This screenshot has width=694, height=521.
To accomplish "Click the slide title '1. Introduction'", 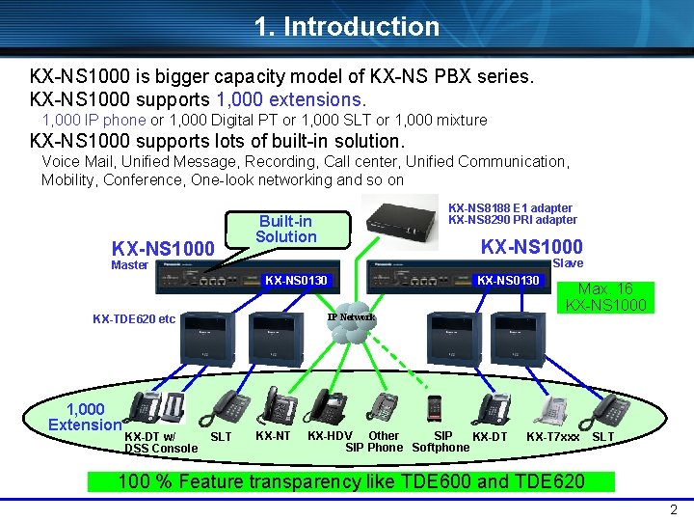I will [x=347, y=26].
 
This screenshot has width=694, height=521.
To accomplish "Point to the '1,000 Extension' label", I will [x=85, y=417].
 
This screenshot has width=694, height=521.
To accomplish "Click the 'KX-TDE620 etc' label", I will [x=134, y=319].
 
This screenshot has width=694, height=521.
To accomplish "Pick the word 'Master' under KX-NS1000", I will [x=129, y=265].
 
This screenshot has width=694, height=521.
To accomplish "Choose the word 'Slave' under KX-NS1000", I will [x=567, y=263].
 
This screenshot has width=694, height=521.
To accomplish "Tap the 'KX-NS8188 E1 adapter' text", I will [x=511, y=207].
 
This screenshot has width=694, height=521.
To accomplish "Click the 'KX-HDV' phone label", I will [x=329, y=436].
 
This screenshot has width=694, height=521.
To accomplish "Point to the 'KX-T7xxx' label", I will [x=552, y=437].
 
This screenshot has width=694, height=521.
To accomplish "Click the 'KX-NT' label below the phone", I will [x=273, y=436].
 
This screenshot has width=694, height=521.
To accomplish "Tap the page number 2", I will [x=673, y=509].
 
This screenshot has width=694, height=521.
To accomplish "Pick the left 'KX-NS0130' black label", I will [x=296, y=281].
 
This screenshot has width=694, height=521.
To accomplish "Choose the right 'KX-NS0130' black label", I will [x=509, y=281].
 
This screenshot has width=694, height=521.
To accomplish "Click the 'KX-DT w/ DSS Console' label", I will [x=160, y=442].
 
